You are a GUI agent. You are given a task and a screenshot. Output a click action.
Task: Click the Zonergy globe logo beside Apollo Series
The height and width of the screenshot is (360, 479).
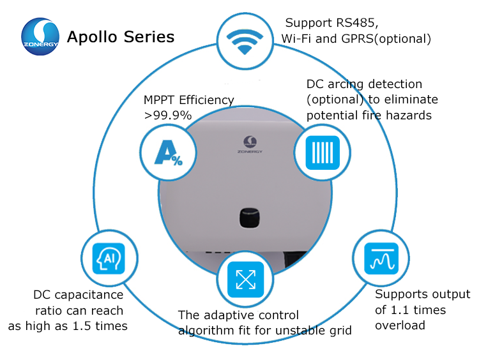pyautogui.click(x=40, y=36)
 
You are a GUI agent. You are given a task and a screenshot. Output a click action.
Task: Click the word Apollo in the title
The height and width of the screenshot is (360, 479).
pyautogui.click(x=92, y=37)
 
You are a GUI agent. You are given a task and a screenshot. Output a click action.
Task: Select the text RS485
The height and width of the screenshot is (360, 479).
pyautogui.click(x=357, y=22)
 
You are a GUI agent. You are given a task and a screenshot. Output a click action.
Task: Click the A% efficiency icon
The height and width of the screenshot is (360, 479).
pyautogui.click(x=169, y=153)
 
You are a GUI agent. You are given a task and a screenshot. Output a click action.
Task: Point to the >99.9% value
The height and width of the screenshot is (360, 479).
pyautogui.click(x=168, y=116)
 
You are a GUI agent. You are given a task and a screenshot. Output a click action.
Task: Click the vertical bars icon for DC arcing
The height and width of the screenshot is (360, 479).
pyautogui.click(x=323, y=153)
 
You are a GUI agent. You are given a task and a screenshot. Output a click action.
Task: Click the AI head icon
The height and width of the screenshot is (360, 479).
pyautogui.click(x=109, y=259)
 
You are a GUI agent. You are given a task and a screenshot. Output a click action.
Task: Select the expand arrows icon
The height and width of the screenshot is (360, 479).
pyautogui.click(x=246, y=280)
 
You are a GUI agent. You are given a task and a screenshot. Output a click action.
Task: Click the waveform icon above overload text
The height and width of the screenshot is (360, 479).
pyautogui.click(x=381, y=259)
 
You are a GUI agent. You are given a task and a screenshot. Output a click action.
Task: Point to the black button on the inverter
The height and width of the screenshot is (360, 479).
pyautogui.click(x=249, y=218)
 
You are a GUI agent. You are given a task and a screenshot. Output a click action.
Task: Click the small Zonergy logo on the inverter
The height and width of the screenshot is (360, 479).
pyautogui.click(x=250, y=144)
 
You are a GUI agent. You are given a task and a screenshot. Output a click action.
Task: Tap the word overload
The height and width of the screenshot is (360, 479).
pyautogui.click(x=400, y=326)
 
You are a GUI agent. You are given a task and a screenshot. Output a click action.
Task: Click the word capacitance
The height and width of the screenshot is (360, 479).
pyautogui.click(x=89, y=295)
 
